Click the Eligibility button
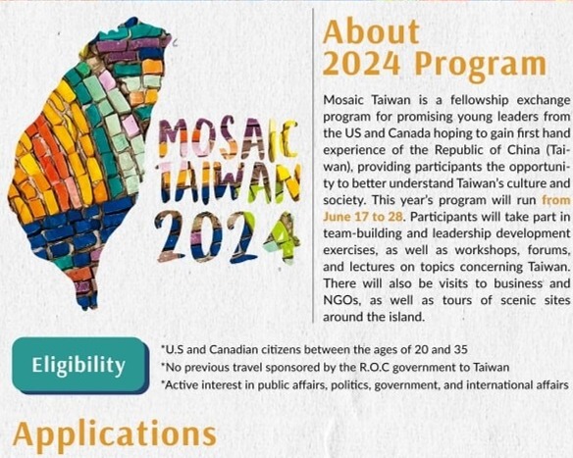(x=78, y=365)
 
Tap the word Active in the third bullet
(x=183, y=385)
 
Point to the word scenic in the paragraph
(x=495, y=302)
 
